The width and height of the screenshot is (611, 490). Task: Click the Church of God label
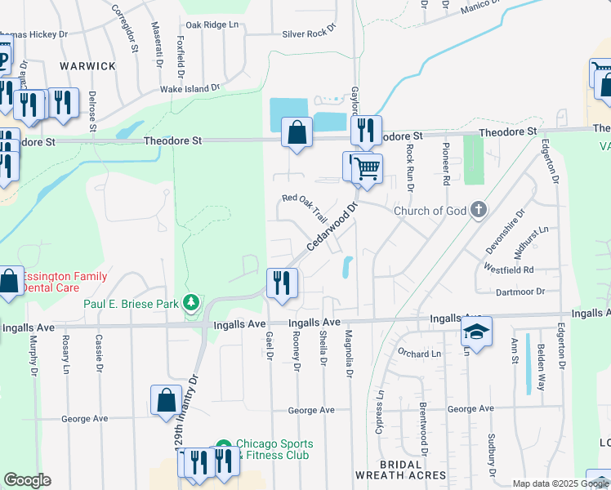click(x=430, y=211)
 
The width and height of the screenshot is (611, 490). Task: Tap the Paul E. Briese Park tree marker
click(x=192, y=304)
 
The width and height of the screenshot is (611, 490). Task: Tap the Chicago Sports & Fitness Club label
click(x=274, y=449)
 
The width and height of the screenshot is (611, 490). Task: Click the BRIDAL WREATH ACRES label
click(x=400, y=474)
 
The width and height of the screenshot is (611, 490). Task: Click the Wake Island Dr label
click(x=190, y=88)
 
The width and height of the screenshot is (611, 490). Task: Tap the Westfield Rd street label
click(x=508, y=269)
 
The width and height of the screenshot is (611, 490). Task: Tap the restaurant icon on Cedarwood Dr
click(x=282, y=283)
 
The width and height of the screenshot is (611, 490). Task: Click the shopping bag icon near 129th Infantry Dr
click(x=166, y=400)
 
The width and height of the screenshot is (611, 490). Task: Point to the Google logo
click(x=27, y=480)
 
